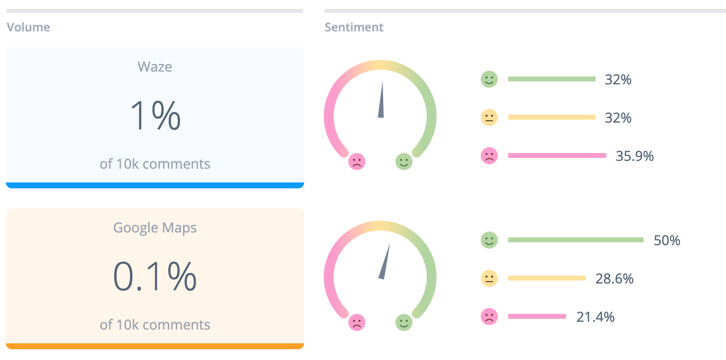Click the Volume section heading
click(28, 27)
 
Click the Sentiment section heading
click(354, 27)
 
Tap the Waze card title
click(155, 67)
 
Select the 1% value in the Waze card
click(155, 116)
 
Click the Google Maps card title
click(155, 228)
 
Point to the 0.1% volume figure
click(155, 277)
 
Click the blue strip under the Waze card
click(155, 185)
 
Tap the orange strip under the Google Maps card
click(155, 346)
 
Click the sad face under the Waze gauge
click(357, 162)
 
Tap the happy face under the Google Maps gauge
click(404, 323)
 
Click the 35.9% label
click(634, 156)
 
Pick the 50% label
click(667, 240)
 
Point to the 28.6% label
click(614, 279)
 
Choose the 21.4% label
click(595, 317)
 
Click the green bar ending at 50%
click(575, 240)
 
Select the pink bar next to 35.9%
click(557, 155)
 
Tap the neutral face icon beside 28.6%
click(489, 278)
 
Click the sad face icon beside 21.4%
click(489, 316)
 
